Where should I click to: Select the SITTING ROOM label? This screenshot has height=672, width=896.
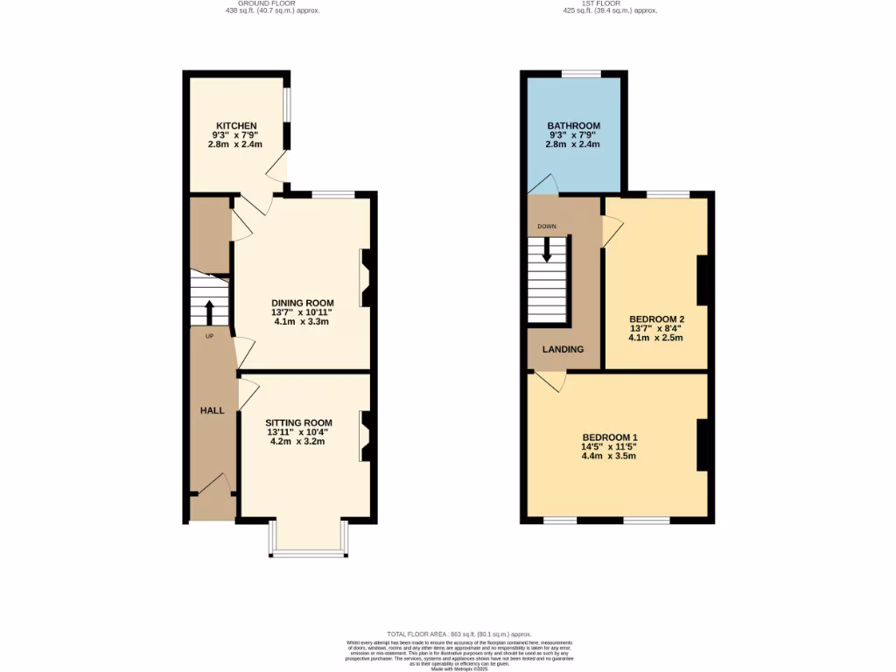pos(299,422)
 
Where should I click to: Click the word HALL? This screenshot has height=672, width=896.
pos(213,410)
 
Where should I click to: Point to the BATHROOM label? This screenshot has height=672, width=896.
pos(572,126)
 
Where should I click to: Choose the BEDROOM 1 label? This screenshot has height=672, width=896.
pos(611,437)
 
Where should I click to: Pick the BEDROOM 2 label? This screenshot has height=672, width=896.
pos(656,318)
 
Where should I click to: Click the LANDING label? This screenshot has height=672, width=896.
pos(563,349)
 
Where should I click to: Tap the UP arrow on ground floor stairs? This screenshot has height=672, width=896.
pos(209,311)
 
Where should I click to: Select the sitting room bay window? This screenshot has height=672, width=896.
pos(308,552)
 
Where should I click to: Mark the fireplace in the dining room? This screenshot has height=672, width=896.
pos(367,278)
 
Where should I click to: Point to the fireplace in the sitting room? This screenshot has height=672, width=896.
pos(367,437)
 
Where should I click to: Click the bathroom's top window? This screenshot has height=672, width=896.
pos(574,75)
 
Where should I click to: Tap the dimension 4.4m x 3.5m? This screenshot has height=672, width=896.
pos(608,456)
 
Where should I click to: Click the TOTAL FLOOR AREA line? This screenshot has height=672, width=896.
pos(459,633)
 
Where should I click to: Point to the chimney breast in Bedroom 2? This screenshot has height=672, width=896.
pos(702,280)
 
